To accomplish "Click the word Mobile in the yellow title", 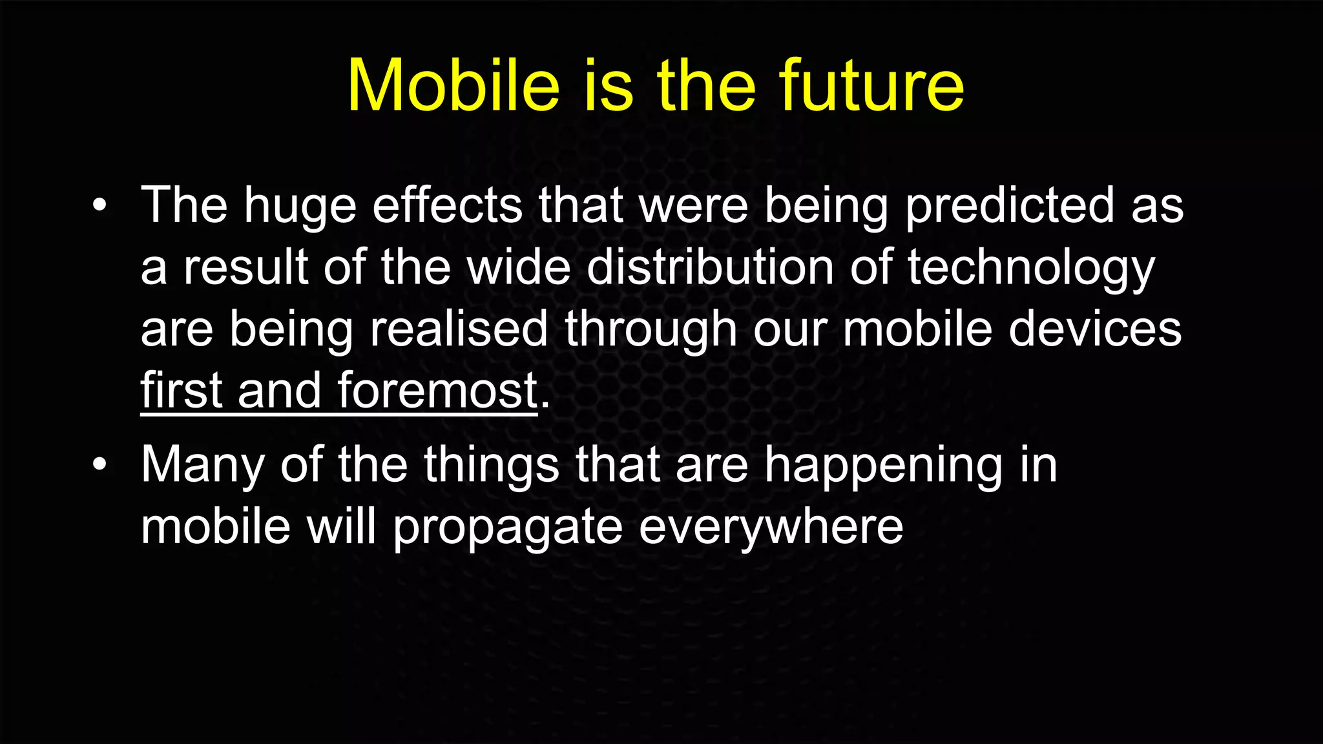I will pos(453,86).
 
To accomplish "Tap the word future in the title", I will pos(871,86).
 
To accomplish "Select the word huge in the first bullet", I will pos(300,205).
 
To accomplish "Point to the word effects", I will pos(447,205).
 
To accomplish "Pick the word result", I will pos(245,267).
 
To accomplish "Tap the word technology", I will pos(1031,267).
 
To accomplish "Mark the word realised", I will pos(459,329).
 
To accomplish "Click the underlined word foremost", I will pos(437,391).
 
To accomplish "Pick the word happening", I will pos(884,464).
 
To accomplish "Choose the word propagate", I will pos(508,526).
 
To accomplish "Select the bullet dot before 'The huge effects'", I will pos(99,205).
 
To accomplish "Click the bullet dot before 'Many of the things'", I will pos(99,464).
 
